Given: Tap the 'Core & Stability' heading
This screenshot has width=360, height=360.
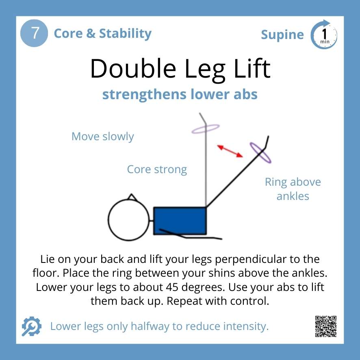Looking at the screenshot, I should click(102, 33).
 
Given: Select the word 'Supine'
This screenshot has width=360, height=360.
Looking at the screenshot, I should click(282, 35).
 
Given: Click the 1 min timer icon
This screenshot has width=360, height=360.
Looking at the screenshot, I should click(324, 35).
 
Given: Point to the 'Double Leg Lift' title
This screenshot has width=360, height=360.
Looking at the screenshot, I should click(180, 69).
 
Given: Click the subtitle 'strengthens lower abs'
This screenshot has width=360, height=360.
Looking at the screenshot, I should click(180, 94).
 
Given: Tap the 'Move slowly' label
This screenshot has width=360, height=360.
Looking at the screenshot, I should click(102, 137).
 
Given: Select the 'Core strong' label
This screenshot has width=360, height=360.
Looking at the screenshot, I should click(157, 169).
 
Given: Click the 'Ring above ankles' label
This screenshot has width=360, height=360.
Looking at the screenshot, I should click(293, 189).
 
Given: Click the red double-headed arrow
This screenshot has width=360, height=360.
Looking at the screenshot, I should click(230, 151).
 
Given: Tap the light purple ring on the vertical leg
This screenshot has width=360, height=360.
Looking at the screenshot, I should click(206, 129).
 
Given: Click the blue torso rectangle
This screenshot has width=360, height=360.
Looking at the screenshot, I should click(180, 221).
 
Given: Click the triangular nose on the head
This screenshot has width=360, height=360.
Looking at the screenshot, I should click(131, 197).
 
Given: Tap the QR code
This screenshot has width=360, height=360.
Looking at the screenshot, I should click(326, 326).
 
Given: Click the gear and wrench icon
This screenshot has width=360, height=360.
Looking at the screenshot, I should click(31, 326).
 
